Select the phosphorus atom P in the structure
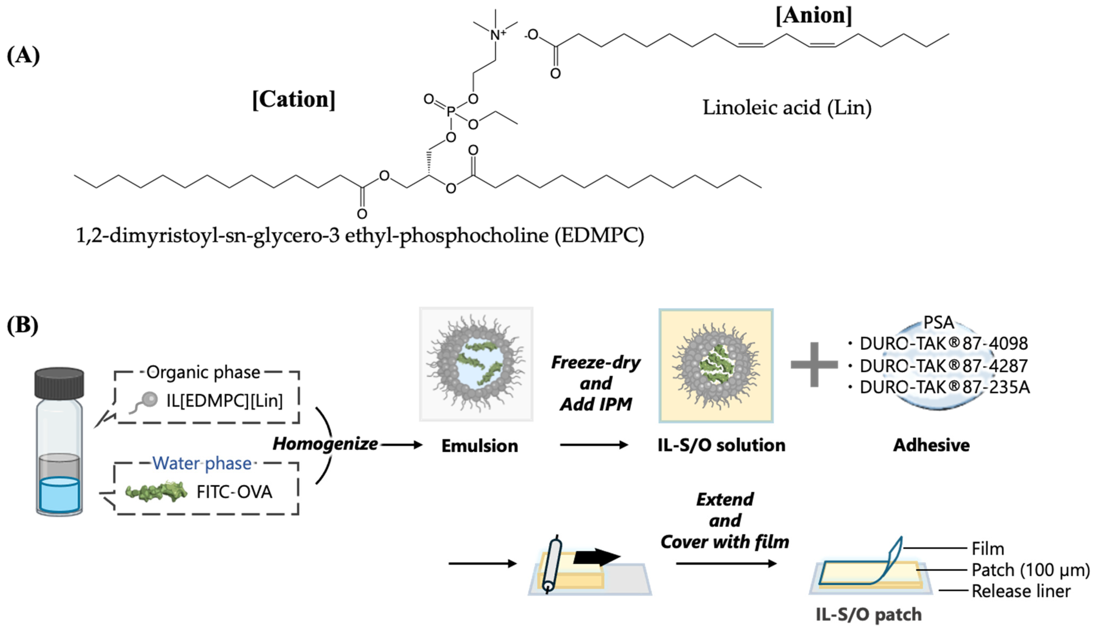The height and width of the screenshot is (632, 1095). (x=451, y=112)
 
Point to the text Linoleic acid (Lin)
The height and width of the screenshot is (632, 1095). (x=787, y=107)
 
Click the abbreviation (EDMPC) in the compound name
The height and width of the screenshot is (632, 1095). (x=599, y=235)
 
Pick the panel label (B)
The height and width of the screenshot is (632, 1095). (x=23, y=325)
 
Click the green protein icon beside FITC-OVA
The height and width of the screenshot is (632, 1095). (x=156, y=492)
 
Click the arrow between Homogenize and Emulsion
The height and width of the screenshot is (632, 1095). (x=402, y=445)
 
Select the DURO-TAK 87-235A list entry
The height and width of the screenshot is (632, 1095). (x=944, y=387)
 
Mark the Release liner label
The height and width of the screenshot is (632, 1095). (x=1021, y=591)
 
